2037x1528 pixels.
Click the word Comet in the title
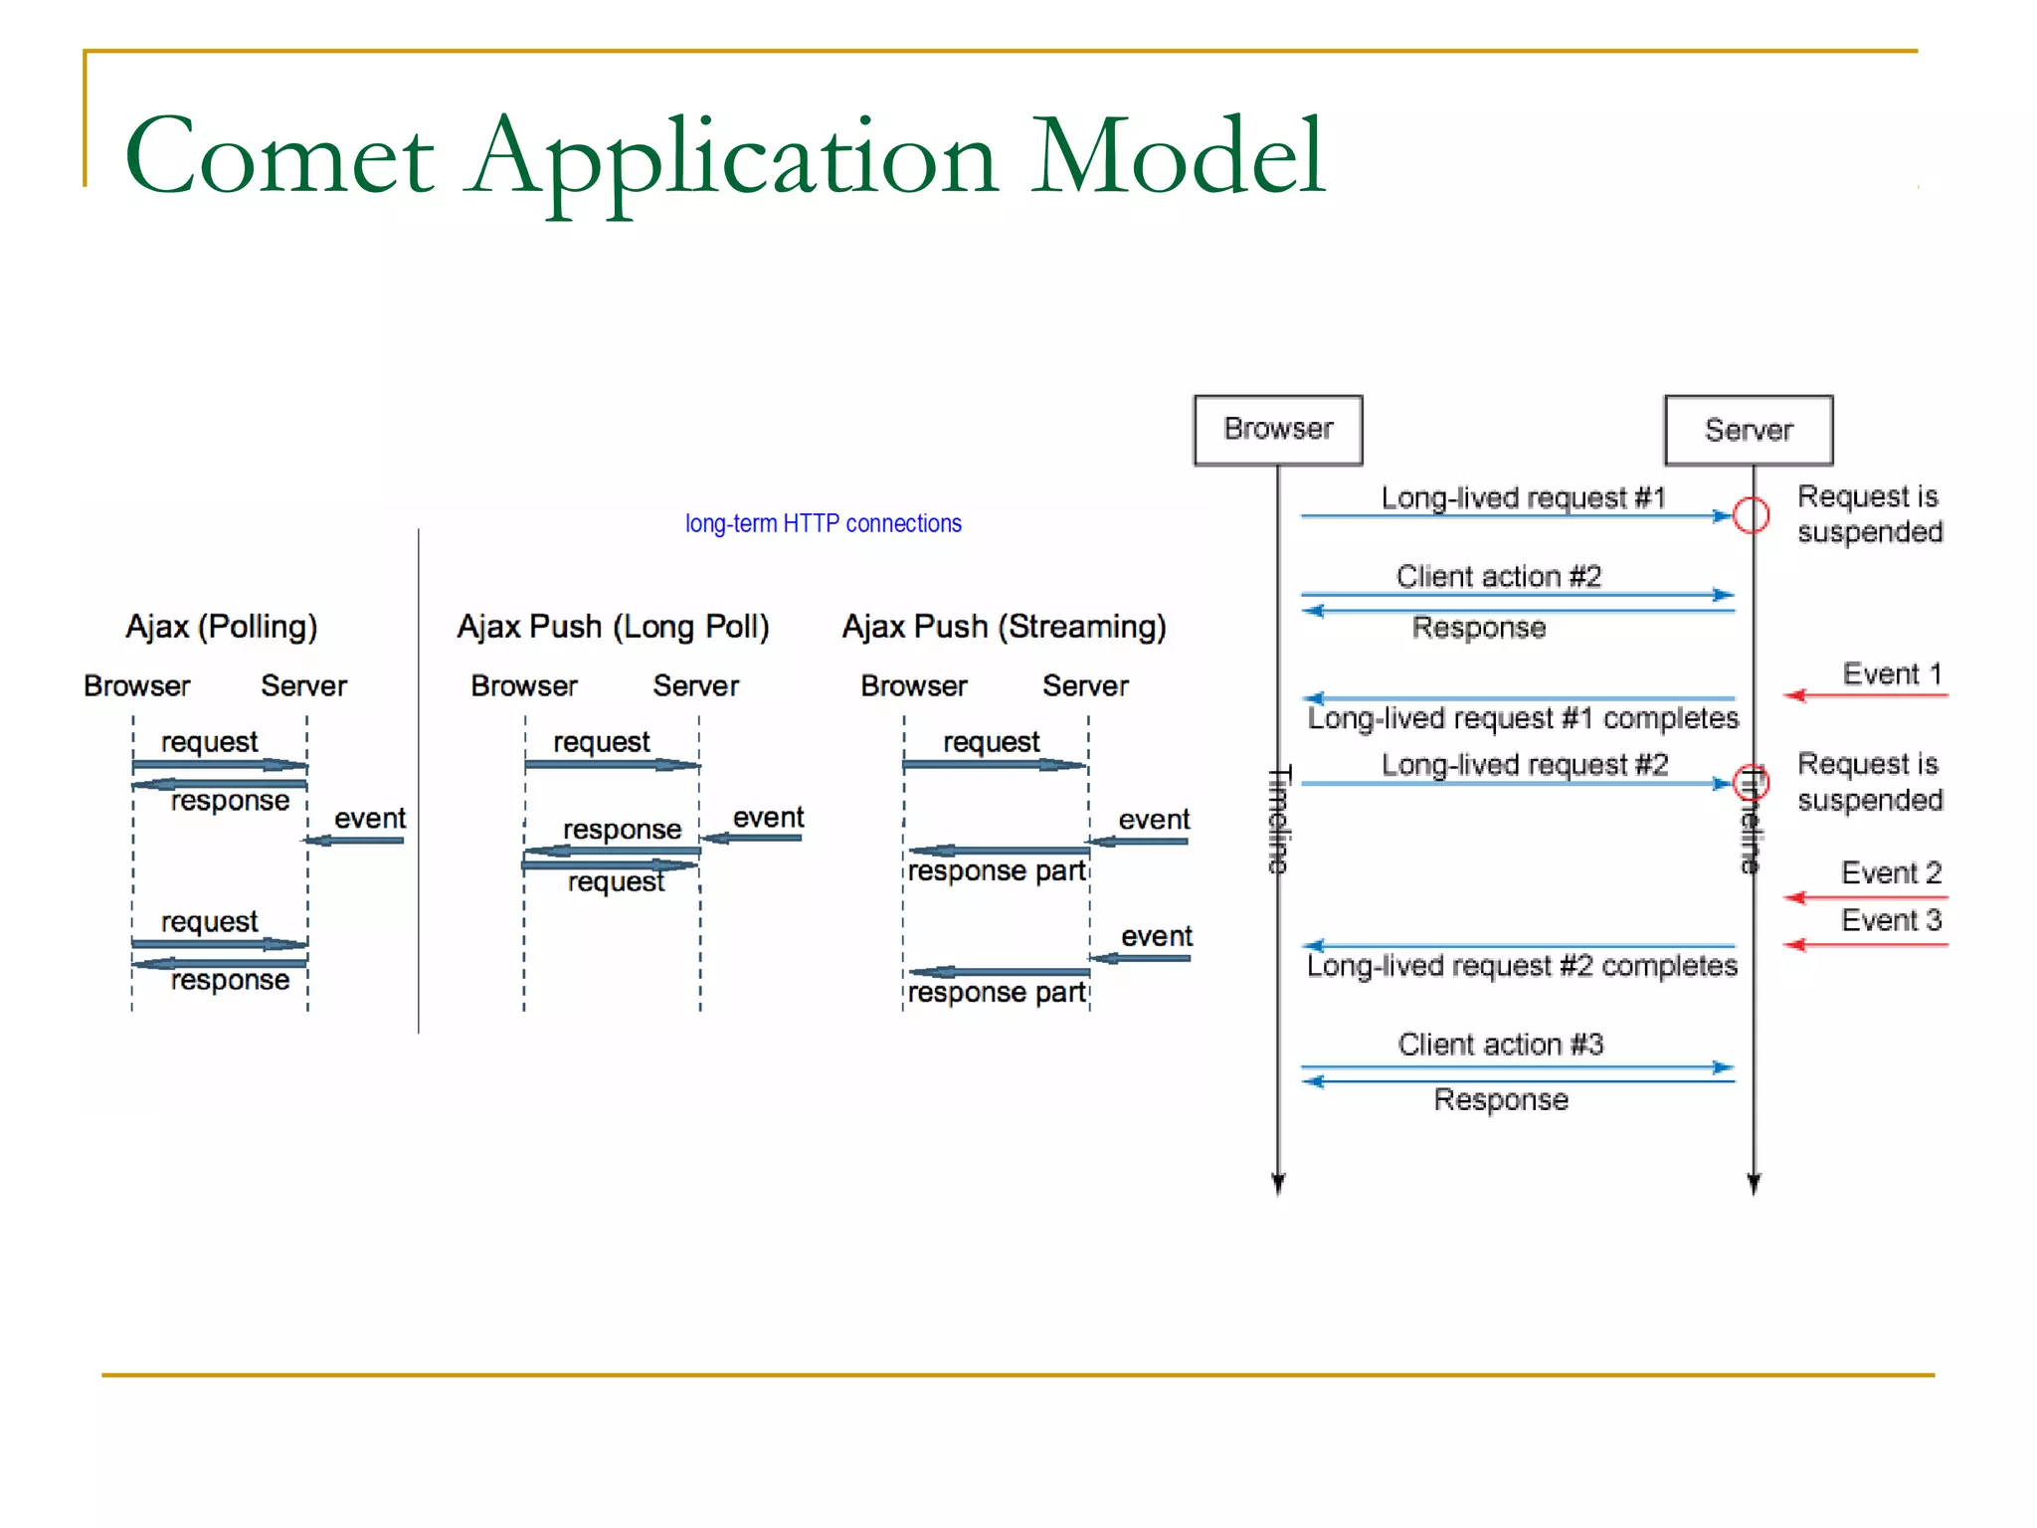tap(279, 157)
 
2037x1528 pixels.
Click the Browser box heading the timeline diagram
tap(1278, 430)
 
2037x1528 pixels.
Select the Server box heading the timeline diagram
tap(1749, 430)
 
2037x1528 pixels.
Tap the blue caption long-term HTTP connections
tap(823, 523)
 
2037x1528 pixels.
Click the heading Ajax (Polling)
tap(221, 627)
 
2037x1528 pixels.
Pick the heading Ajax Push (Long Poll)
tap(613, 627)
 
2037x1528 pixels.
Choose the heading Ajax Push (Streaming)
tap(1004, 627)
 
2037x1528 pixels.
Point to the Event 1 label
tap(1891, 673)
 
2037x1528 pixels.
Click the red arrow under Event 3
tap(1865, 944)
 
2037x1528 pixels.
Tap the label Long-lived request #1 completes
tap(1522, 718)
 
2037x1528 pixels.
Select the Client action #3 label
tap(1500, 1045)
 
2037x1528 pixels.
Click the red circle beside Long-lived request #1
tap(1751, 515)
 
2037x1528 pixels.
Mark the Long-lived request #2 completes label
tap(1522, 966)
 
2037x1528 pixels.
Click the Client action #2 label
tap(1498, 577)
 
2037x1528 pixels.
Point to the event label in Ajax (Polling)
tap(370, 819)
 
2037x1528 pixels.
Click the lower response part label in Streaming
tap(996, 993)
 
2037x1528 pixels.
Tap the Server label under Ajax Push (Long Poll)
tap(695, 686)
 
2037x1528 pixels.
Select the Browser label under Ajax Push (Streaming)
tap(913, 686)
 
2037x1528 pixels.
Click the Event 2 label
tap(1891, 872)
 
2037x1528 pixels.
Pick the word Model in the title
tap(1178, 157)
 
